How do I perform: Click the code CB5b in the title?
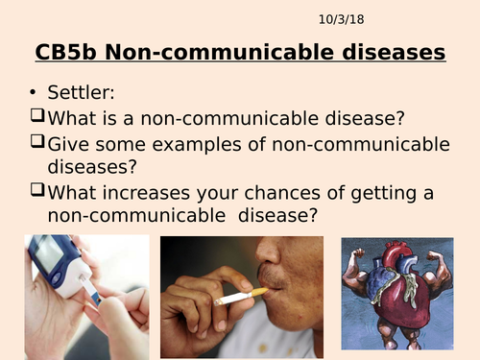coord(64,52)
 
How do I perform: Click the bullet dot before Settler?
coord(34,94)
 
